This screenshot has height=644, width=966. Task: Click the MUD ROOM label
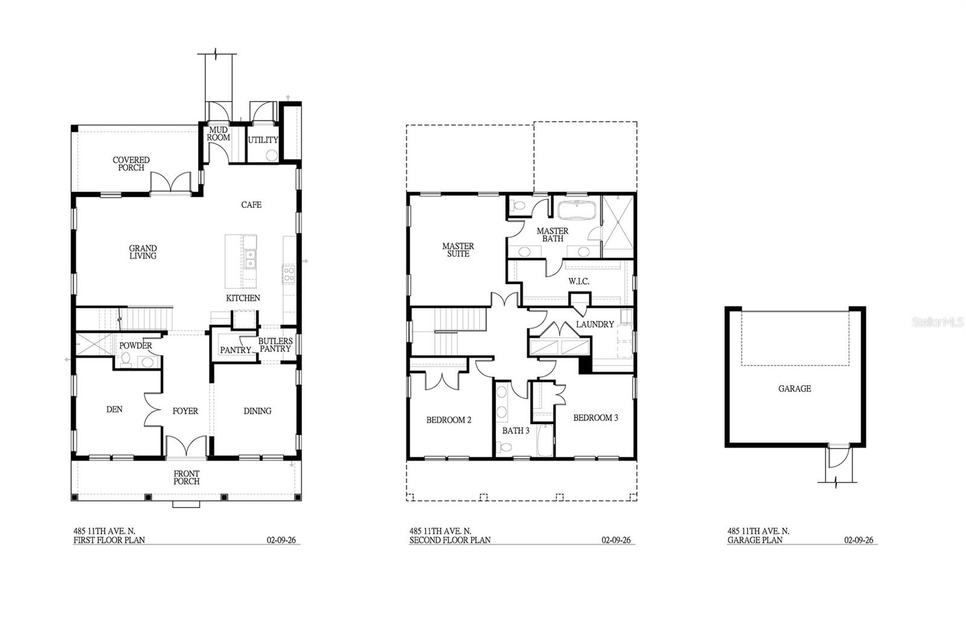pyautogui.click(x=219, y=134)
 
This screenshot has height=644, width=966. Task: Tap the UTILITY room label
pyautogui.click(x=263, y=140)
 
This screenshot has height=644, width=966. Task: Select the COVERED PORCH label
pyautogui.click(x=131, y=164)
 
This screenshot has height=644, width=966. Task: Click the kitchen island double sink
pyautogui.click(x=249, y=260)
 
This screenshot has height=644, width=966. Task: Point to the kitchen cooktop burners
pyautogui.click(x=289, y=275)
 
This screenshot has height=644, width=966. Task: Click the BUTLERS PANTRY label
pyautogui.click(x=275, y=345)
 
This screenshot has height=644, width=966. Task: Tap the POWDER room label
pyautogui.click(x=135, y=346)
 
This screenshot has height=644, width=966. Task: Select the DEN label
pyautogui.click(x=114, y=409)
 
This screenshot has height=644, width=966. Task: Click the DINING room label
pyautogui.click(x=257, y=411)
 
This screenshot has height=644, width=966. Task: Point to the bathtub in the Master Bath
pyautogui.click(x=576, y=211)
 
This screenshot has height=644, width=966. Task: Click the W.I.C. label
pyautogui.click(x=578, y=282)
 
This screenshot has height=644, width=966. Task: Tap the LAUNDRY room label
pyautogui.click(x=595, y=324)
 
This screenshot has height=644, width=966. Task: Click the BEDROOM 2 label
pyautogui.click(x=449, y=420)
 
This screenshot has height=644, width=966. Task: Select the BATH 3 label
pyautogui.click(x=516, y=431)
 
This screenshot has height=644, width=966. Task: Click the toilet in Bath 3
pyautogui.click(x=505, y=448)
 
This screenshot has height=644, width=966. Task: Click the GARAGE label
pyautogui.click(x=794, y=388)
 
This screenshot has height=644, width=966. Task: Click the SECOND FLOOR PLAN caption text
pyautogui.click(x=450, y=540)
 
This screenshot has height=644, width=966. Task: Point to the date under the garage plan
pyautogui.click(x=859, y=540)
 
